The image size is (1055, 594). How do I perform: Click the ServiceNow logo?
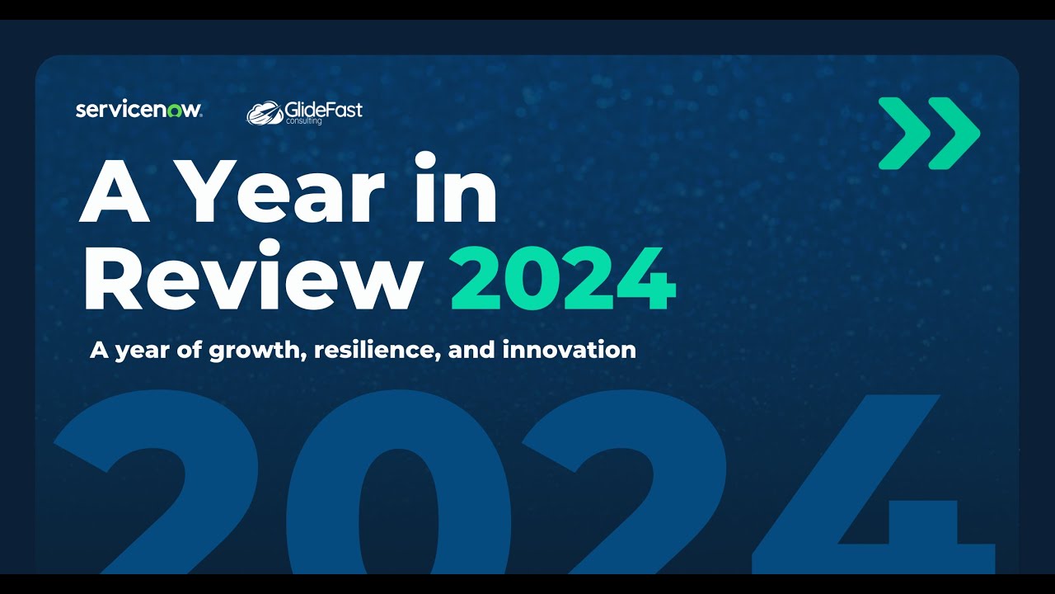(x=138, y=110)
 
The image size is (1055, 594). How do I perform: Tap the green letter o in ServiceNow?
(x=174, y=111)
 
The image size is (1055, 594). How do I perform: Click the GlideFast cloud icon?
(x=265, y=113)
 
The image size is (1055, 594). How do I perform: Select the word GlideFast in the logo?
(x=323, y=110)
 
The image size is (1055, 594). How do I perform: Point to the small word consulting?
(x=304, y=122)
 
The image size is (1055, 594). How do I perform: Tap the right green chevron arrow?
(x=953, y=133)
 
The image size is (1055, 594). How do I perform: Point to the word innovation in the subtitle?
(x=569, y=350)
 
